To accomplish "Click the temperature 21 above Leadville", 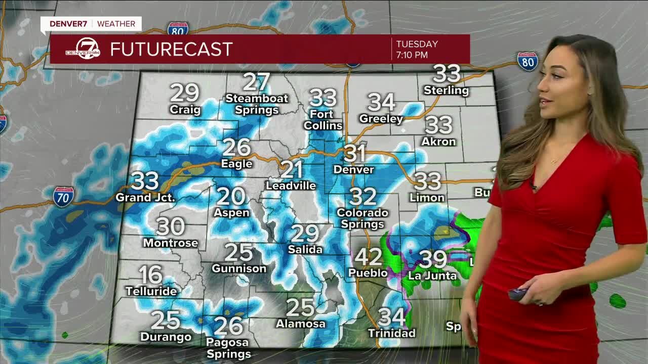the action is point(292,170).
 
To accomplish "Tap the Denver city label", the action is point(354,169).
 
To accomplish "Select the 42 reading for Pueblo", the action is point(368,257).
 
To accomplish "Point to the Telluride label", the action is point(151,291).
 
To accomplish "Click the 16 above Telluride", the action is point(150,275).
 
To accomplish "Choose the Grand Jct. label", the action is point(145,197).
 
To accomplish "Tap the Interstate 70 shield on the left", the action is point(63,196).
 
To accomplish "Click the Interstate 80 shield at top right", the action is point(528,61).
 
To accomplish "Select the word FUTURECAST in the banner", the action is point(171,50).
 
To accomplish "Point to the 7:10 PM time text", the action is point(412,55).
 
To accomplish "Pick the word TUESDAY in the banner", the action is point(417,44).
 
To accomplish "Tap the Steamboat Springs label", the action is point(257,104).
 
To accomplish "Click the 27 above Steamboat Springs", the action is point(256,81).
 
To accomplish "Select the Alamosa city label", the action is point(300,324).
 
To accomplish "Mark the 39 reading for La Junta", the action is point(433,259).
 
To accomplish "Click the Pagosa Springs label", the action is point(228,348).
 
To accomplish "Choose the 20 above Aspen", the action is point(231,196).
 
